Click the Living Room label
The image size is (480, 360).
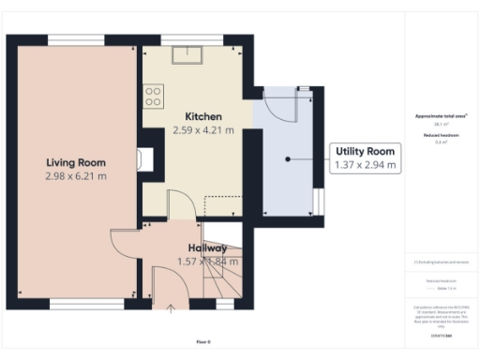pos(76,162)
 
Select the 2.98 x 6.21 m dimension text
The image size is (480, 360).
pos(76,175)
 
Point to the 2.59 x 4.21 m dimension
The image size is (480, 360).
pos(197,130)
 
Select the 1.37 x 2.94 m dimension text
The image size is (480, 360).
pos(366,166)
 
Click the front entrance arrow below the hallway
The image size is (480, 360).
pos(172,308)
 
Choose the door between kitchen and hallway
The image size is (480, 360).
pos(178,206)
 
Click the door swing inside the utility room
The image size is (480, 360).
pos(278,108)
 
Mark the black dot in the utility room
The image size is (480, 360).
pos(288,159)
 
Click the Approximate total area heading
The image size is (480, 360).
pos(442,116)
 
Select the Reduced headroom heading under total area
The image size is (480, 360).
pos(442,135)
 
